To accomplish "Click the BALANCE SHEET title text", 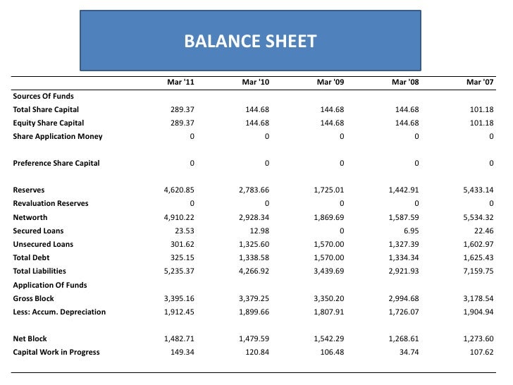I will pyautogui.click(x=250, y=42).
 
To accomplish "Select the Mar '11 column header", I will pyautogui.click(x=180, y=82).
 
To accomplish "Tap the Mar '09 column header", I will pyautogui.click(x=330, y=82).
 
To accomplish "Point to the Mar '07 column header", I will pyautogui.click(x=480, y=82).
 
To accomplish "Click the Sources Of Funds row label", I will pyautogui.click(x=43, y=96).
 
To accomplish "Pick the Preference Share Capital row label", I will pyautogui.click(x=56, y=164).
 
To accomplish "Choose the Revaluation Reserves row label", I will pyautogui.click(x=51, y=204).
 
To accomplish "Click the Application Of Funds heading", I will pyautogui.click(x=48, y=286).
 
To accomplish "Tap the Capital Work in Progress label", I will pyautogui.click(x=56, y=353).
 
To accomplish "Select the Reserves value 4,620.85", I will pyautogui.click(x=179, y=190).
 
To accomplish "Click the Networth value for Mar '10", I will pyautogui.click(x=254, y=218).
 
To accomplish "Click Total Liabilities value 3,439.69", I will pyautogui.click(x=328, y=271).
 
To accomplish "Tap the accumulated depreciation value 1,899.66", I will pyautogui.click(x=254, y=312).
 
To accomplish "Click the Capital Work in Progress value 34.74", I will pyautogui.click(x=408, y=353).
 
